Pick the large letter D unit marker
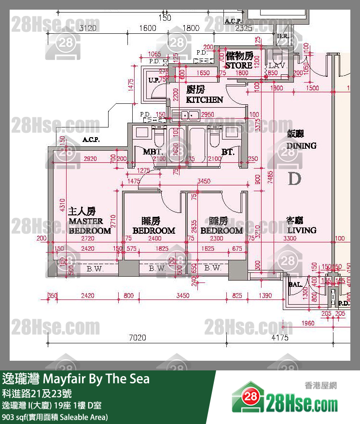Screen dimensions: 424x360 pyautogui.click(x=294, y=179)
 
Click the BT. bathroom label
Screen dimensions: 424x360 pyautogui.click(x=228, y=152)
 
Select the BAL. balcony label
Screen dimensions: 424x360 pyautogui.click(x=295, y=284)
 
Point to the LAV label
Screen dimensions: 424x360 pyautogui.click(x=277, y=65)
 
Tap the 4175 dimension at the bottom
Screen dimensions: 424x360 pyautogui.click(x=280, y=338)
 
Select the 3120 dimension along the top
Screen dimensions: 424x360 pyautogui.click(x=87, y=28)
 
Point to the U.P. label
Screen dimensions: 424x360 pyautogui.click(x=154, y=80)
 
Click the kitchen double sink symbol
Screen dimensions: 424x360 pyautogui.click(x=186, y=115)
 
